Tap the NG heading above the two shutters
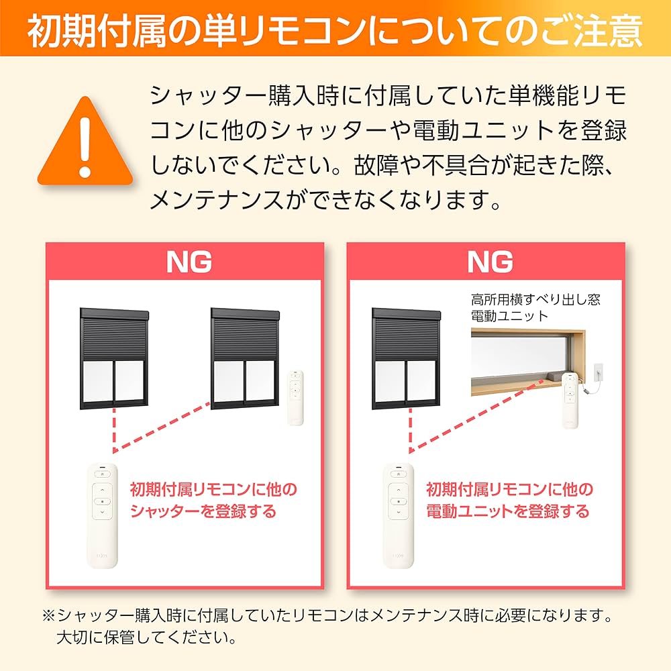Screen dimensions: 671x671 click(189, 261)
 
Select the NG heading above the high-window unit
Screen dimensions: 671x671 click(489, 261)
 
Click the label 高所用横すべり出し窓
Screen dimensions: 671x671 click(535, 299)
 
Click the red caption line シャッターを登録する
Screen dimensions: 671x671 click(203, 511)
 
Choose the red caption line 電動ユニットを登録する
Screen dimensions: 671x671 click(507, 511)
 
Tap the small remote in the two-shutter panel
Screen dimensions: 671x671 click(295, 397)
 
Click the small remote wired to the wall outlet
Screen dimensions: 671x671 click(570, 400)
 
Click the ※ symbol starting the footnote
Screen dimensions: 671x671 click(48, 615)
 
